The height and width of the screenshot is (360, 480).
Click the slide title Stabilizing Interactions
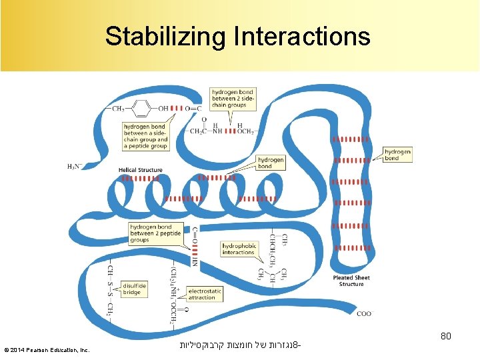[237, 36]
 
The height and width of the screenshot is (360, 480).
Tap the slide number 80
[445, 336]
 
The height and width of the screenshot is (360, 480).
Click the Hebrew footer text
[239, 346]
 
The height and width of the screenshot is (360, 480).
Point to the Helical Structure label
[141, 170]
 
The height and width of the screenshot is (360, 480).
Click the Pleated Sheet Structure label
[351, 281]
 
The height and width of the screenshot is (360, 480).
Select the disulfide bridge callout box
[132, 288]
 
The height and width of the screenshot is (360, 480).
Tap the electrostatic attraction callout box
[205, 294]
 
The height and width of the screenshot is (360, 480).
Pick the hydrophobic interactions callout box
[239, 249]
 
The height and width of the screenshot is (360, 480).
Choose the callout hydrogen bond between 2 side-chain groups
[229, 98]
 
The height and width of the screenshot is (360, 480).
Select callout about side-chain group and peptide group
[145, 136]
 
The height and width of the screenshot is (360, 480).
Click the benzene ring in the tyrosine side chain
[141, 108]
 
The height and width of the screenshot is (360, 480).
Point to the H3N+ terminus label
[75, 166]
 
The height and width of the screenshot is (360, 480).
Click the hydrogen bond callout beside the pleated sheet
[397, 155]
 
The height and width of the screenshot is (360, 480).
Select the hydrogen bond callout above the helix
[271, 163]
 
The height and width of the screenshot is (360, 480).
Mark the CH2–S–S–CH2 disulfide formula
[111, 289]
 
